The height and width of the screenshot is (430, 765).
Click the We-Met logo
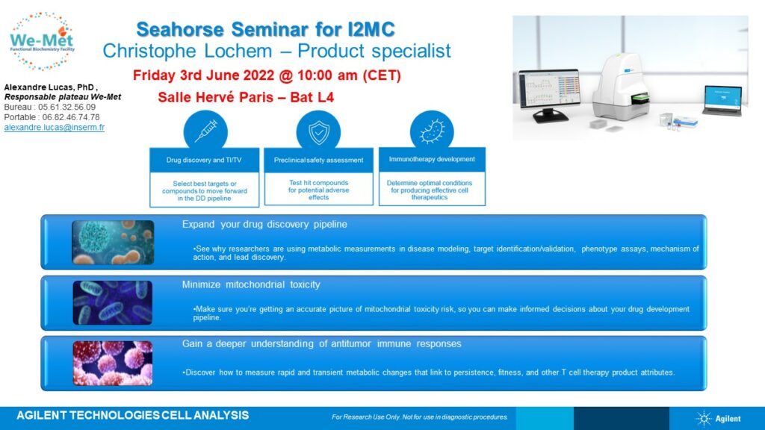point(42,42)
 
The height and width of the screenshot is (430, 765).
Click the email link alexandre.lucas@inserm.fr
point(54,127)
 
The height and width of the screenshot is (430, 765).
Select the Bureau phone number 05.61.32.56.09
point(66,107)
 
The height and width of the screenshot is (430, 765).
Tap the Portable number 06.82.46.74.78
point(71,117)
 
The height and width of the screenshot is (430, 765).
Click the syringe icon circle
point(205,131)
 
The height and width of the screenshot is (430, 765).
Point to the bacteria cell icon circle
point(432,131)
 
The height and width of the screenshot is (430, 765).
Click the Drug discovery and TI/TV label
point(204,160)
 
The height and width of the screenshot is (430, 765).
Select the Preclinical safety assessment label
point(318,160)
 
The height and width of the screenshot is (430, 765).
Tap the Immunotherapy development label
point(432,159)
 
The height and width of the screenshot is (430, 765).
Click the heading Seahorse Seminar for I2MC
point(265,29)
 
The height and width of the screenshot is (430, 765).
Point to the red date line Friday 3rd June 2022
point(267,75)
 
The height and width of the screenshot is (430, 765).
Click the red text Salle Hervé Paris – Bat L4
point(246,97)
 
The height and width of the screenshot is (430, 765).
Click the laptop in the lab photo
point(722,100)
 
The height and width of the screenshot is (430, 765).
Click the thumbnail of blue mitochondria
point(113,303)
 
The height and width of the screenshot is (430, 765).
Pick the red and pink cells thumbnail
point(113,364)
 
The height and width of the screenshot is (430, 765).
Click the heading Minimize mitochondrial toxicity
point(251,284)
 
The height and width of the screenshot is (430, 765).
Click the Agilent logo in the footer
point(718,418)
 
